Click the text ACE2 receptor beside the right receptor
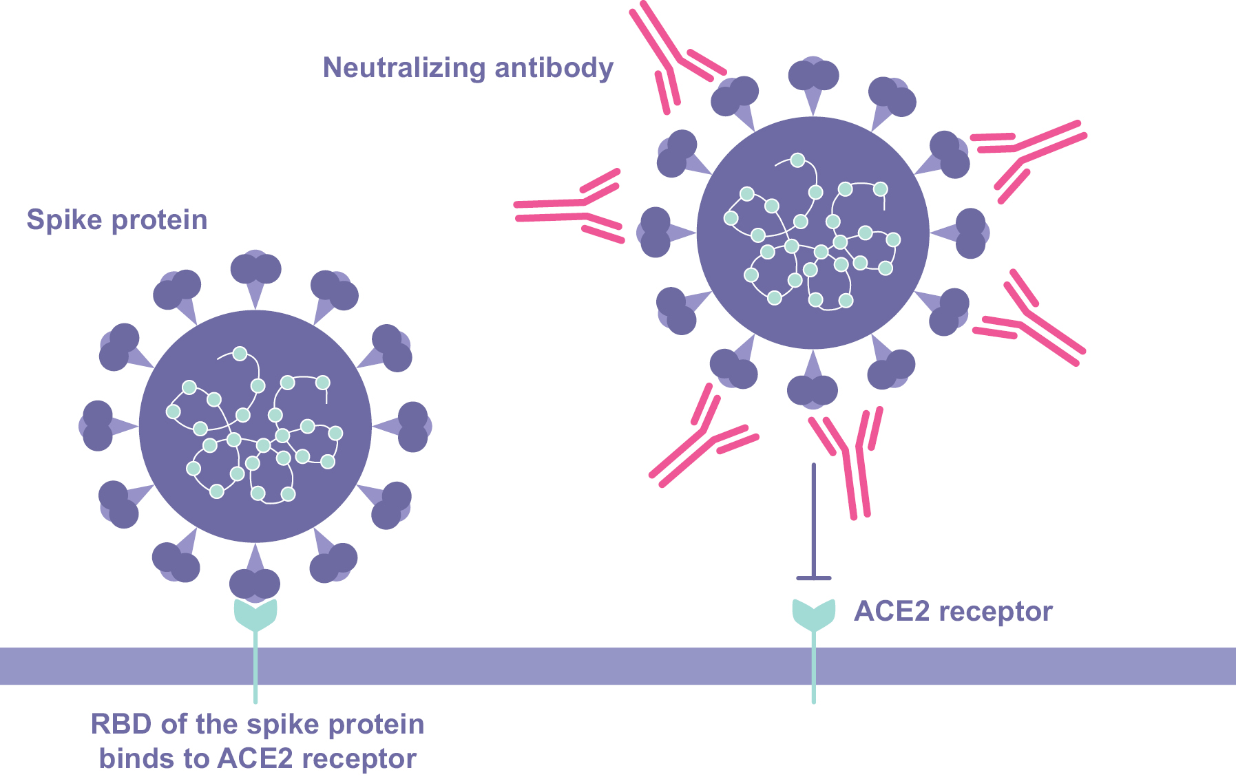(953, 611)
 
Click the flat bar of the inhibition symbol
(813, 578)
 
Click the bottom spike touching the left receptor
(255, 583)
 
